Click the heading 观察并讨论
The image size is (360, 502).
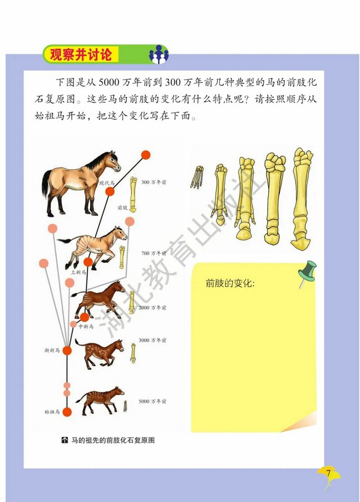81,55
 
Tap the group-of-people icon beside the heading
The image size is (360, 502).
158,55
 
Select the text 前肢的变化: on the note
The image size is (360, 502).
230,283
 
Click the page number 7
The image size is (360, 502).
328,474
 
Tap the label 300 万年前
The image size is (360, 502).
154,182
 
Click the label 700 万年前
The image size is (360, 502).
154,253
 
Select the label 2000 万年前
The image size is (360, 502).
154,307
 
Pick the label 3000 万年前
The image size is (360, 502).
153,340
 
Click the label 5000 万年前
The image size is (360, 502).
153,401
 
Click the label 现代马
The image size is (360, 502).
106,183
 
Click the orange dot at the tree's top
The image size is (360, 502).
146,155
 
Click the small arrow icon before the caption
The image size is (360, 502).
65,440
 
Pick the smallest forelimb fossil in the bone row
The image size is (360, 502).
196,177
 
